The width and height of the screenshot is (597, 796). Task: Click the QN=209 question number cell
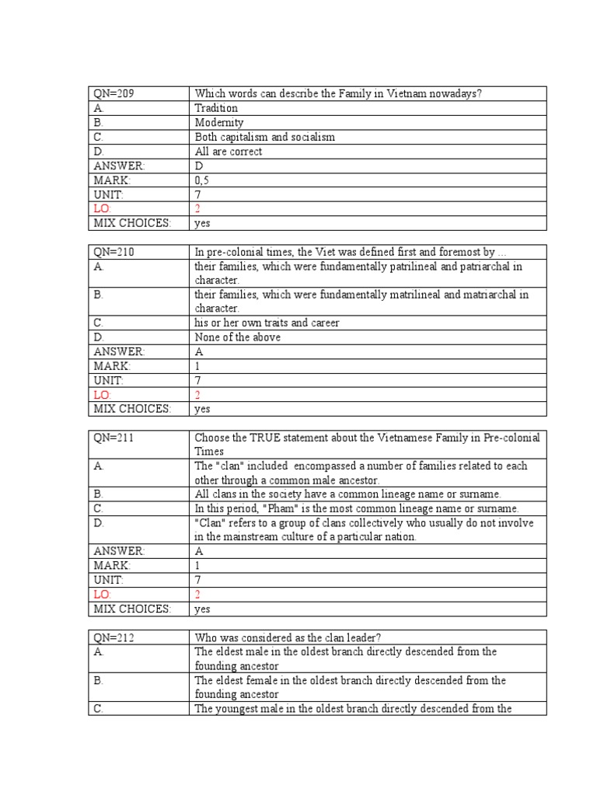pyautogui.click(x=113, y=94)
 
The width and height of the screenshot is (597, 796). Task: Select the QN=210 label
pyautogui.click(x=113, y=252)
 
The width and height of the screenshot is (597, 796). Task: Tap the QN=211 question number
pyautogui.click(x=113, y=438)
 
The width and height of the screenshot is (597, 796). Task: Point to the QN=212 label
pyautogui.click(x=113, y=637)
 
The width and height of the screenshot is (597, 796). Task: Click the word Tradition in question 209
pyautogui.click(x=216, y=109)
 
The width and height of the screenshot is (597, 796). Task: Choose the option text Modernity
pyautogui.click(x=218, y=123)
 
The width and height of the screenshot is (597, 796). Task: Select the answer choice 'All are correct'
pyautogui.click(x=228, y=152)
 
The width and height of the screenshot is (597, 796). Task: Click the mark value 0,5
pyautogui.click(x=202, y=180)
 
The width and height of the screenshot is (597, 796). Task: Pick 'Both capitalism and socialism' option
pyautogui.click(x=264, y=138)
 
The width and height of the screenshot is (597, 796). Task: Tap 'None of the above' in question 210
pyautogui.click(x=237, y=337)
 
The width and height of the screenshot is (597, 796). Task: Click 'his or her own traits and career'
pyautogui.click(x=267, y=323)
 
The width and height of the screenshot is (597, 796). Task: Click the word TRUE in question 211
pyautogui.click(x=267, y=438)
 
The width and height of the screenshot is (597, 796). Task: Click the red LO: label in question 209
pyautogui.click(x=103, y=209)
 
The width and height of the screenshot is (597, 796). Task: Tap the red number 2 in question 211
pyautogui.click(x=197, y=595)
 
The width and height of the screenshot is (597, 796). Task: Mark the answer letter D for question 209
pyautogui.click(x=198, y=166)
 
